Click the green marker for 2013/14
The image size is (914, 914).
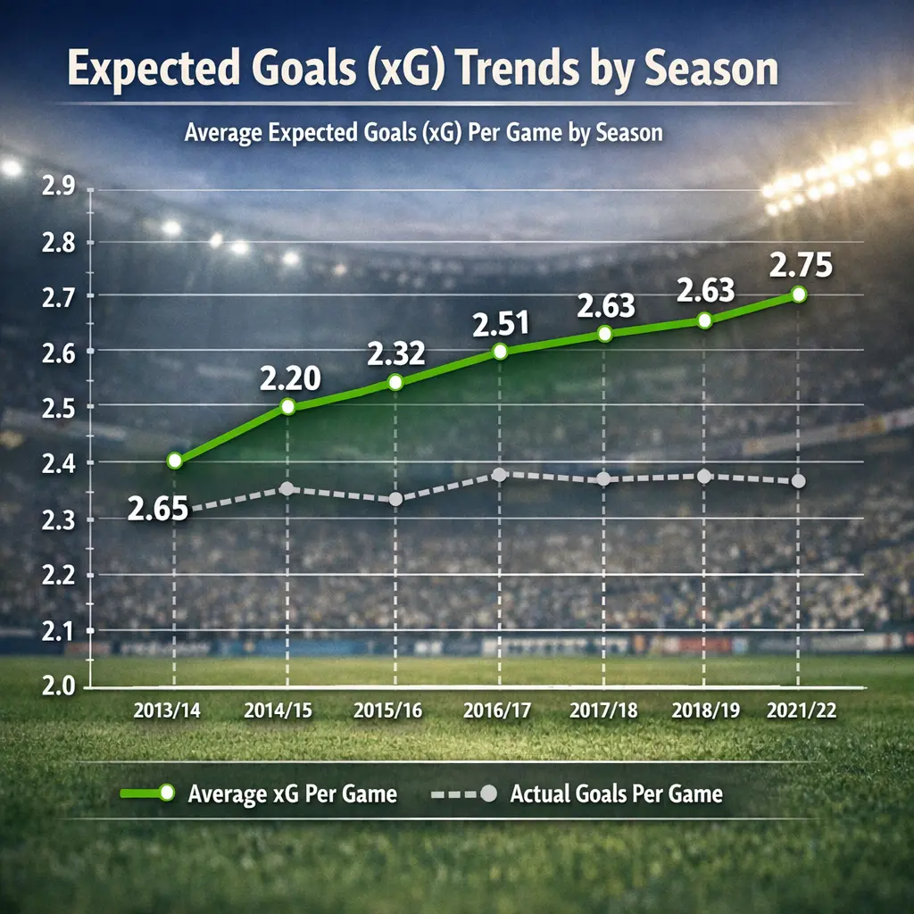(x=175, y=461)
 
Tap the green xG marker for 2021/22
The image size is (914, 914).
(x=798, y=294)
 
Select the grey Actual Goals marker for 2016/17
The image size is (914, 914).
(x=500, y=474)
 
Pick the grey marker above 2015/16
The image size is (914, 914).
(x=395, y=499)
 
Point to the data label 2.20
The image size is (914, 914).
(x=289, y=379)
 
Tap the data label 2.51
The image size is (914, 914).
(x=501, y=324)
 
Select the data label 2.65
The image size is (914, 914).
(x=157, y=510)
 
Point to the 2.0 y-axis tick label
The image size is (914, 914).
(x=59, y=686)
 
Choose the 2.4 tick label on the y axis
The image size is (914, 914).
(x=59, y=463)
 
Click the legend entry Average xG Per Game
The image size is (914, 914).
(x=293, y=794)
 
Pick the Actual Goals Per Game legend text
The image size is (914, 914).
(x=616, y=794)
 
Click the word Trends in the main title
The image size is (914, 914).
(x=521, y=71)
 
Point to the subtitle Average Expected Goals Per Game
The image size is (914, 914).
(x=423, y=133)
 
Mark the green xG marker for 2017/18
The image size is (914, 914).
(x=605, y=333)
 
